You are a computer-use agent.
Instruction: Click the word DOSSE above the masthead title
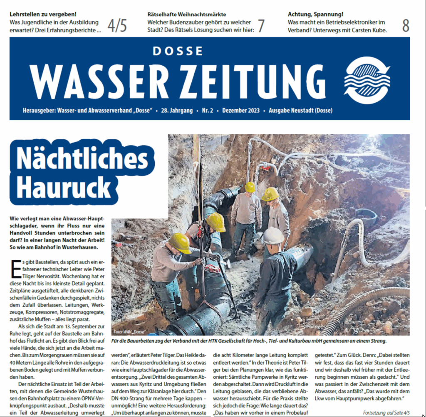(x=177, y=51)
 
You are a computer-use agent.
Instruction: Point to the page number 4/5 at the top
(x=117, y=26)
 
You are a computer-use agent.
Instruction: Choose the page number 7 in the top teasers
(x=261, y=26)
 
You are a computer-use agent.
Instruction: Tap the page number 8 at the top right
(x=405, y=26)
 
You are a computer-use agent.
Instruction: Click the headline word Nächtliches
(x=82, y=159)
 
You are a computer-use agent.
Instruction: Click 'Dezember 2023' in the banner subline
(x=241, y=111)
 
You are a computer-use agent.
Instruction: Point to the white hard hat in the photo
(x=273, y=236)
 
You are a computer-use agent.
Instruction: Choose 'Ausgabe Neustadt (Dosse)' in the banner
(x=300, y=111)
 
